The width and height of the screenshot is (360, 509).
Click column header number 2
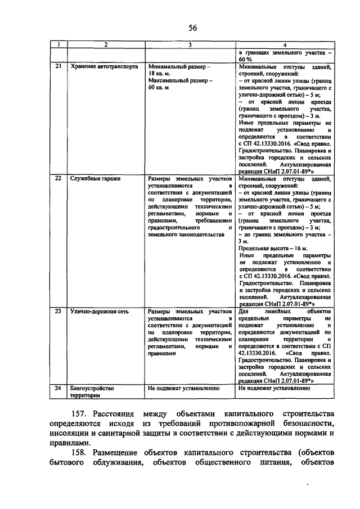pyautogui.click(x=106, y=45)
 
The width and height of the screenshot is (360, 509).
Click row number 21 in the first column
pyautogui.click(x=57, y=66)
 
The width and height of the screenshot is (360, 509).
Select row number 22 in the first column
pyautogui.click(x=57, y=178)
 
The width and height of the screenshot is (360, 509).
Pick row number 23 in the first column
pyautogui.click(x=57, y=310)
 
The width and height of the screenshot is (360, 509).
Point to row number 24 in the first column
pyautogui.click(x=57, y=388)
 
